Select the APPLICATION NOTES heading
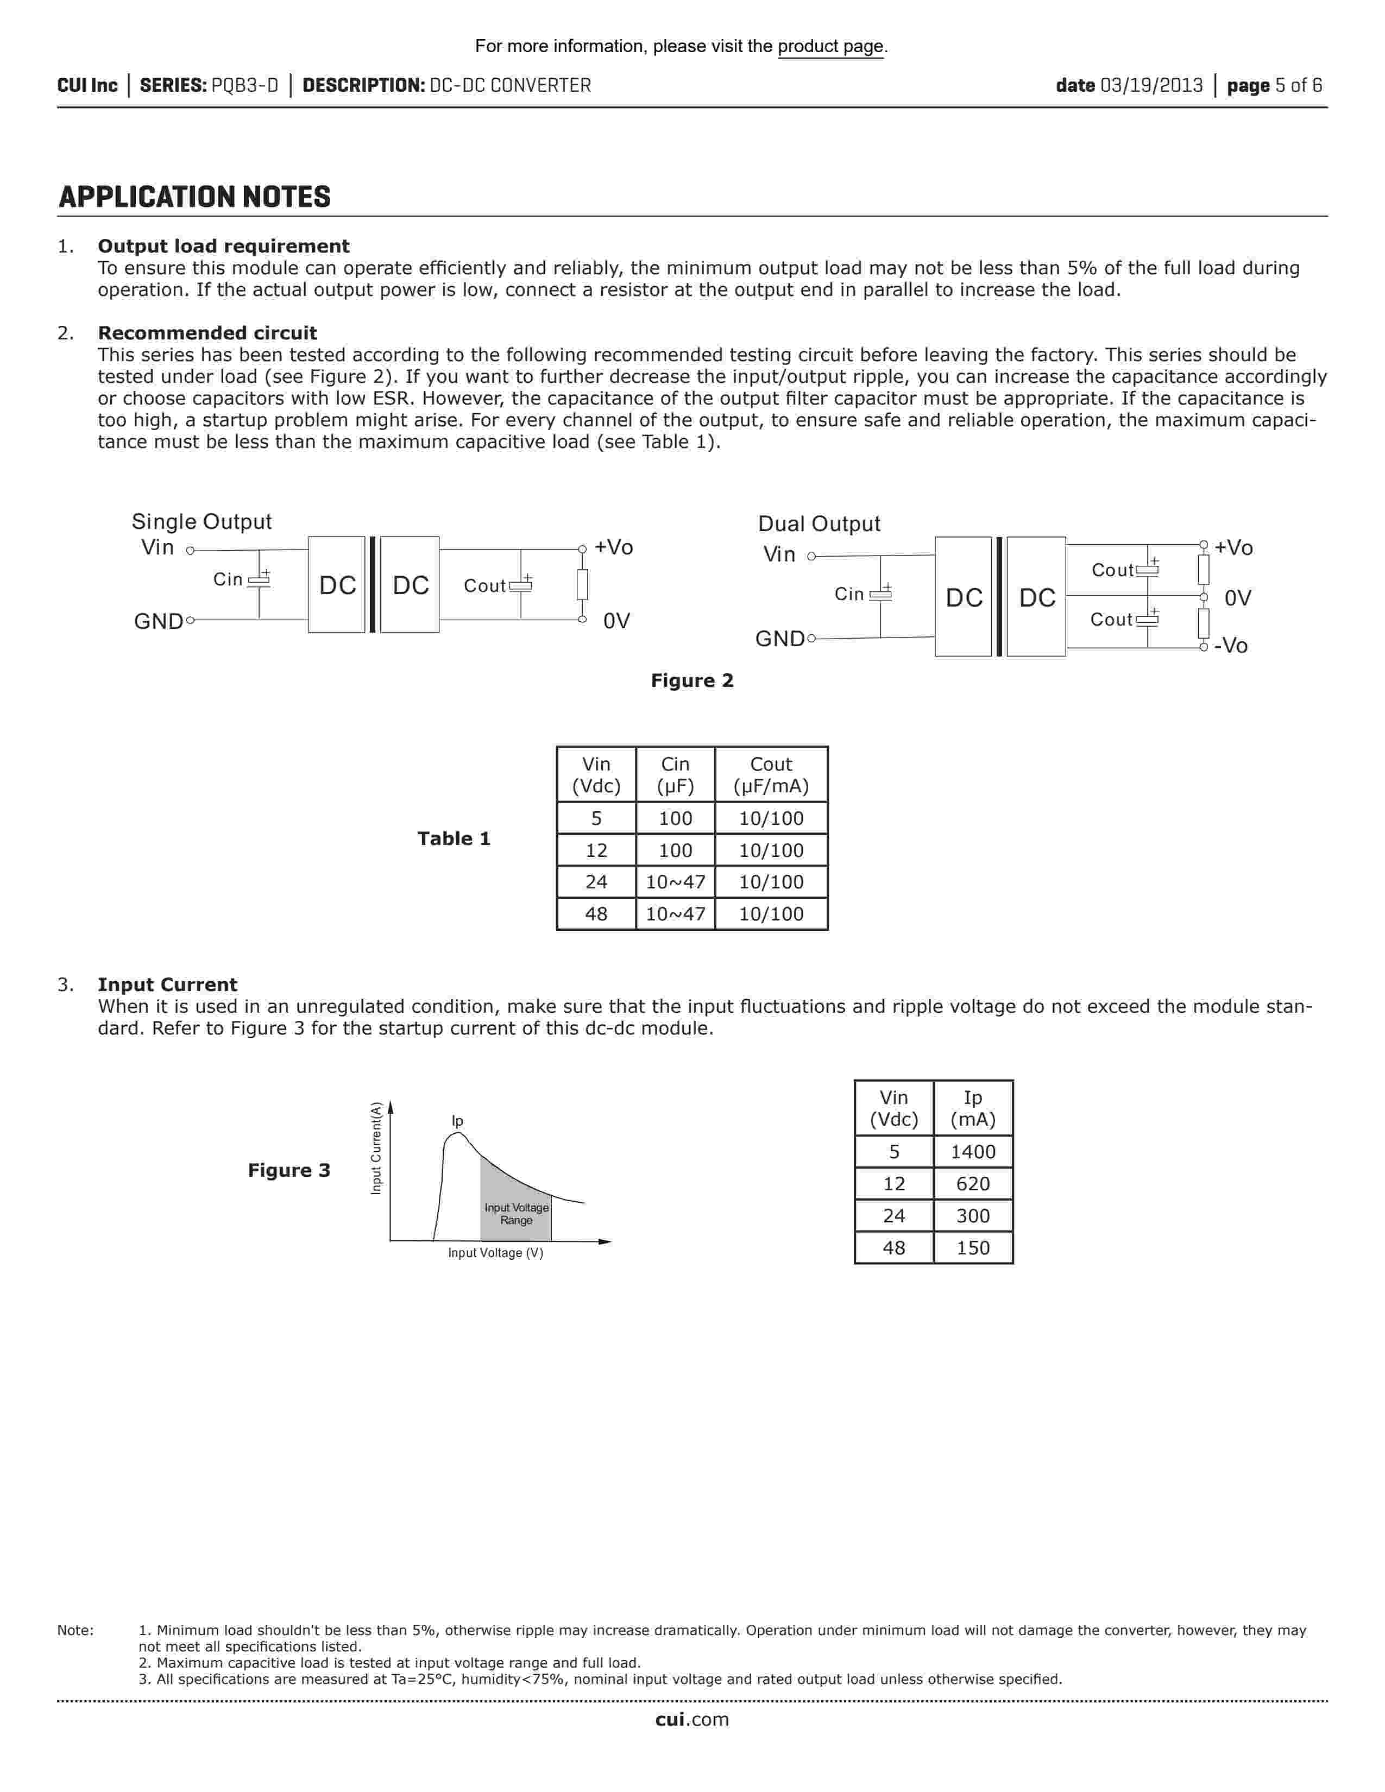coord(194,197)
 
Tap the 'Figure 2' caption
coord(691,680)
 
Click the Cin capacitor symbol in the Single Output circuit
coord(259,580)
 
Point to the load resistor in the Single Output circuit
coord(582,584)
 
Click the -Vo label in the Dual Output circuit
coord(1231,646)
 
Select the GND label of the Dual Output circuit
coord(779,639)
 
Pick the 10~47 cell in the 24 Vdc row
coord(675,882)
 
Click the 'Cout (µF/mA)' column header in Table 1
coord(771,775)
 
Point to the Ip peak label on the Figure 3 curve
coord(457,1121)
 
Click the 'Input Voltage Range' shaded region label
coord(516,1214)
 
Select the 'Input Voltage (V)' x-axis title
coord(495,1253)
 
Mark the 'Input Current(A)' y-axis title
coord(376,1148)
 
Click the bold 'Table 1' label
coord(454,838)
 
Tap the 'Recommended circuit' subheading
coord(207,333)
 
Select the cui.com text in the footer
coord(691,1720)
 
